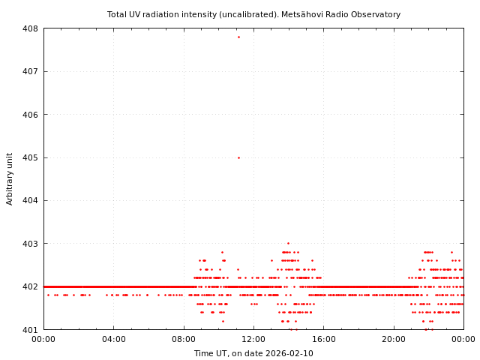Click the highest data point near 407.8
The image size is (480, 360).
238,37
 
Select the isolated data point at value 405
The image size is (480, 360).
238,157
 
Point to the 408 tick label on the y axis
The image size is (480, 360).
30,28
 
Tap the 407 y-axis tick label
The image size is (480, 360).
30,71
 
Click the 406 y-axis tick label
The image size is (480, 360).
30,115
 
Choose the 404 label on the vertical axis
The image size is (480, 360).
30,200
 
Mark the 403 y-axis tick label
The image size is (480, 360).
30,244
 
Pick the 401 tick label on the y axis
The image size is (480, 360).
30,329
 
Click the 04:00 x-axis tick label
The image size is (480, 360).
114,339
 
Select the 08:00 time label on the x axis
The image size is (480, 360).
184,339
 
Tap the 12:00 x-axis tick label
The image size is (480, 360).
253,339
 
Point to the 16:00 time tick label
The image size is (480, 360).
323,339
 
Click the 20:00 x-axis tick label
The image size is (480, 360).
394,339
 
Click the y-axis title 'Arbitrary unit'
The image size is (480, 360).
10,178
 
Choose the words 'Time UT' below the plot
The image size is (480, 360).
210,353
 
